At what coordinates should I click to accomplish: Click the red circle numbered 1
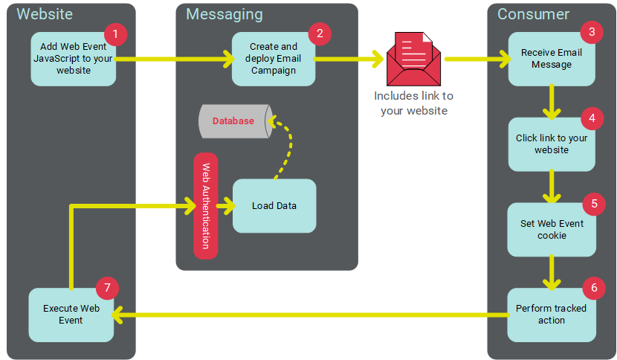coord(115,33)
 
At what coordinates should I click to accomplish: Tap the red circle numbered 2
coord(319,33)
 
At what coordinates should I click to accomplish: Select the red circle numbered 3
coord(591,32)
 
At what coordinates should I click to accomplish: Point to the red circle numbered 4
coord(591,118)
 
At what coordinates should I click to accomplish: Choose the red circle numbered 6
coord(593,287)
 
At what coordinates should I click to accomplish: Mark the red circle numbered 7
coord(108,287)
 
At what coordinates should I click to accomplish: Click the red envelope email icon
coord(413,58)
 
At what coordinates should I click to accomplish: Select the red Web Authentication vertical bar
coord(206,206)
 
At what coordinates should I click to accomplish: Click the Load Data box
coord(274,206)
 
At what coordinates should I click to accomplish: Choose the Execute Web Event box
coord(71,315)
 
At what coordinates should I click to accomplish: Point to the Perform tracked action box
coord(551,315)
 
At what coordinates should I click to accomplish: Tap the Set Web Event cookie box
coord(551,229)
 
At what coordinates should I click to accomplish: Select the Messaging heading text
coord(224,14)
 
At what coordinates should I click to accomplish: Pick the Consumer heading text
coord(533,14)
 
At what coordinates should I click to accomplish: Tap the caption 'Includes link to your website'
coord(413,103)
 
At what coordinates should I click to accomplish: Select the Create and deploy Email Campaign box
coord(273,59)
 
